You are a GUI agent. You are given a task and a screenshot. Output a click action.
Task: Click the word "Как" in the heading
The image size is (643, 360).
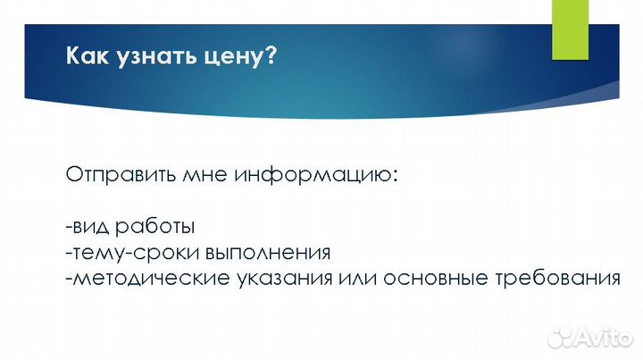87,58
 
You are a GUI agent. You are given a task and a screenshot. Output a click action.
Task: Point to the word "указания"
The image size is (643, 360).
281,278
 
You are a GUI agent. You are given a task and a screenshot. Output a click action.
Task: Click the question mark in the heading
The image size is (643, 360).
271,58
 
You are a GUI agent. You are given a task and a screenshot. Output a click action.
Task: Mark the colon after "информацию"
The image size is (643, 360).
393,176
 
